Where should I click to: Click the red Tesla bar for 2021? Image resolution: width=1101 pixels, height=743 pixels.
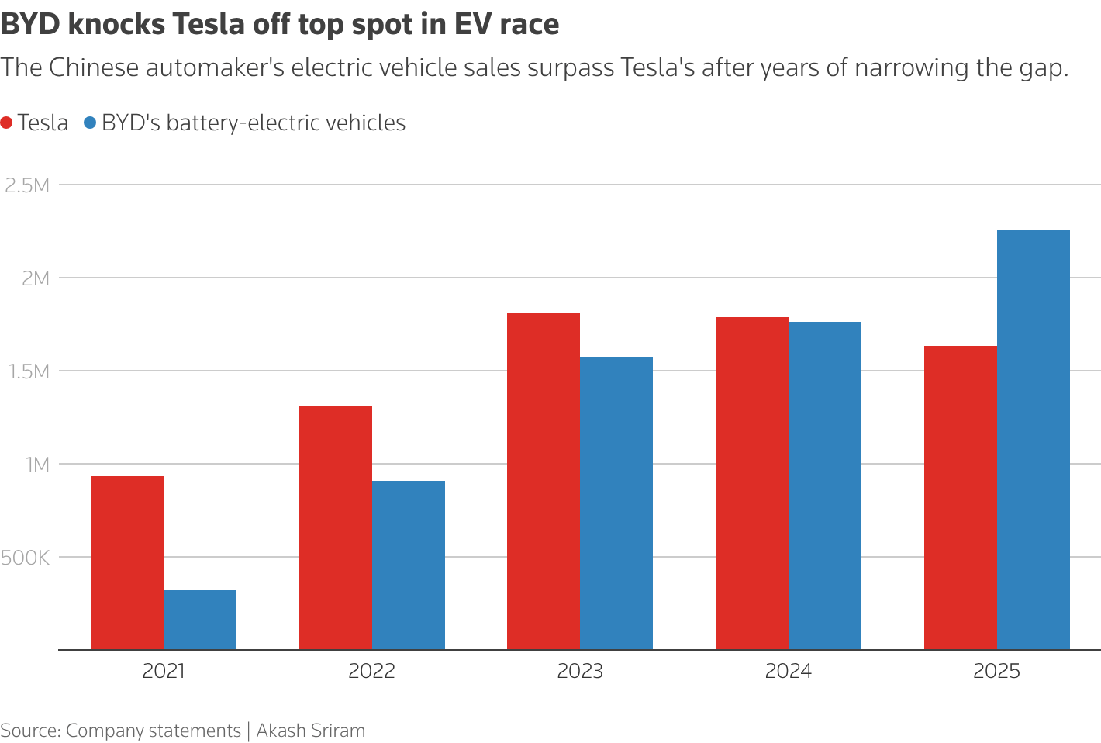pyautogui.click(x=127, y=562)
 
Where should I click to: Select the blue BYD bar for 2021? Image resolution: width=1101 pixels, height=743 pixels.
pyautogui.click(x=200, y=620)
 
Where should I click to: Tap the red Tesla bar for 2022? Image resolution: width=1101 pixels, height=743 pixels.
pyautogui.click(x=335, y=527)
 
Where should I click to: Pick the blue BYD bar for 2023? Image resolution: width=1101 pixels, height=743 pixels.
pyautogui.click(x=616, y=503)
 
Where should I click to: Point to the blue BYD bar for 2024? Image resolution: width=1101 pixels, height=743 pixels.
pyautogui.click(x=825, y=486)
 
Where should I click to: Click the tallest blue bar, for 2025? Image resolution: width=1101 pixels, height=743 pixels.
pyautogui.click(x=1033, y=440)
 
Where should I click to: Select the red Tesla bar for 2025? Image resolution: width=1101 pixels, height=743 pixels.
pyautogui.click(x=960, y=497)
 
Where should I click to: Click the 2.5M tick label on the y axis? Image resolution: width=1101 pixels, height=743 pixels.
pyautogui.click(x=27, y=185)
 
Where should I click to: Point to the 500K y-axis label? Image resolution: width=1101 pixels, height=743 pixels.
pyautogui.click(x=26, y=558)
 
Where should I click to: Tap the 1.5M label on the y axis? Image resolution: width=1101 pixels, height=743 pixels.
pyautogui.click(x=27, y=371)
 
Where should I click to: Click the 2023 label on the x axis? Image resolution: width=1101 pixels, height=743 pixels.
pyautogui.click(x=580, y=671)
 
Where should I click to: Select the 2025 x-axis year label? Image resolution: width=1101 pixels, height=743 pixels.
pyautogui.click(x=996, y=671)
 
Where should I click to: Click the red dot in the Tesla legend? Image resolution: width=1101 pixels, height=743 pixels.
pyautogui.click(x=7, y=123)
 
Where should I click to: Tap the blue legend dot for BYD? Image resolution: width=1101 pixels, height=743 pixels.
pyautogui.click(x=90, y=123)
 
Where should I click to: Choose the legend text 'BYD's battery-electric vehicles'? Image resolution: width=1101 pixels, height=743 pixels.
pyautogui.click(x=254, y=123)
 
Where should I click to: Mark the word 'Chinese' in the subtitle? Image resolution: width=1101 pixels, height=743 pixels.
pyautogui.click(x=92, y=67)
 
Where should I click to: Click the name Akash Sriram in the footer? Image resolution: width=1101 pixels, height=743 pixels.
pyautogui.click(x=310, y=731)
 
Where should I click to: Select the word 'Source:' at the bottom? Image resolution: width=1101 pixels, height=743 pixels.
pyautogui.click(x=30, y=731)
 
